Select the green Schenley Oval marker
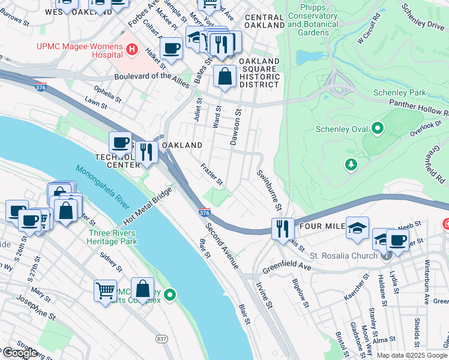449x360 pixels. [378, 128]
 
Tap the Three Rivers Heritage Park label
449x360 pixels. [112, 237]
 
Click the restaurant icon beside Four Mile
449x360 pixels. [282, 229]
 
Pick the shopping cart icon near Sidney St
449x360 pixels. [106, 290]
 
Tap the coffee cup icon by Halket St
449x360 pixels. [171, 48]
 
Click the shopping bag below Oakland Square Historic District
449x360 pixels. [224, 77]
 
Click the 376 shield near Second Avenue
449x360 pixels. [204, 212]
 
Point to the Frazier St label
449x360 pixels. [212, 174]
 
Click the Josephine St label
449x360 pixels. [37, 305]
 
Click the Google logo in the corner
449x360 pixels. [20, 353]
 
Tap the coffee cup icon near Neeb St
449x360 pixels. [397, 241]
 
